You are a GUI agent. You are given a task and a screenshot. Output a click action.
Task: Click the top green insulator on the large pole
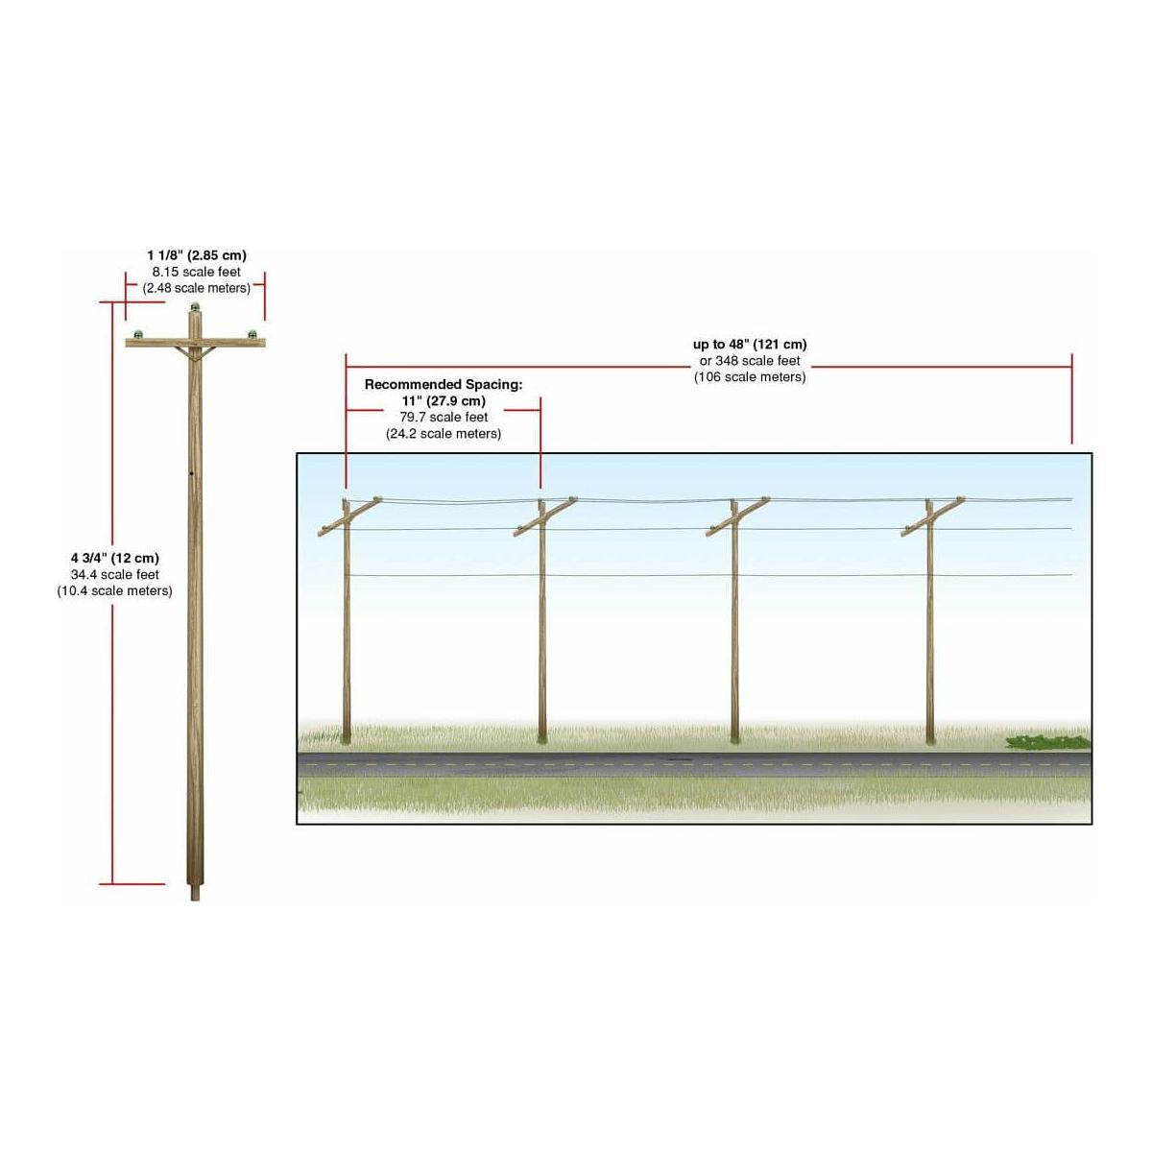coord(194,307)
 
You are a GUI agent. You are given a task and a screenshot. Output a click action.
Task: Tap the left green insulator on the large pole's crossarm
coord(138,333)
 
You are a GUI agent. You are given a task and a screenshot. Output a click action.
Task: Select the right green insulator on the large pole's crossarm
coord(252,333)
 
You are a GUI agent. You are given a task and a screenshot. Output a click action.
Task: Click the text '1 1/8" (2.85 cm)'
coord(197,255)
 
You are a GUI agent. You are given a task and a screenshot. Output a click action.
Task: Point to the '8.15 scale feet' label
coord(196,272)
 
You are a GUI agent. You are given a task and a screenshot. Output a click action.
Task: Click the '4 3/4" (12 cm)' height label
coord(115,558)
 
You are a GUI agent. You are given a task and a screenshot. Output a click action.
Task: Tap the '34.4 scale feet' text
coord(115,574)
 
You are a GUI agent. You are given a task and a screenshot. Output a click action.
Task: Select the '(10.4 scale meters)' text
coord(115,590)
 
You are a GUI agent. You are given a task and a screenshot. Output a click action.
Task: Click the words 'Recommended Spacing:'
coord(443,384)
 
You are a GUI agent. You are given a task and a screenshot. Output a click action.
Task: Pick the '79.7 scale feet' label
coord(444,418)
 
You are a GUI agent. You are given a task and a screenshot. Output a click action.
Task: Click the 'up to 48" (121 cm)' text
coord(750,345)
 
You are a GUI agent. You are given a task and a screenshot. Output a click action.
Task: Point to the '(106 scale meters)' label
coord(750,377)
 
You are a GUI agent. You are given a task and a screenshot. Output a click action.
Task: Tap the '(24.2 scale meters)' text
coord(444,433)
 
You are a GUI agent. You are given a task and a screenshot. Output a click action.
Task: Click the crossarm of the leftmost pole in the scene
coord(349,516)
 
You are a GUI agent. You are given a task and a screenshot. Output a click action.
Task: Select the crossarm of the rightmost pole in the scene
coord(933,516)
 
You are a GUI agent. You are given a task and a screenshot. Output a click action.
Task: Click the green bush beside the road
coord(1048,742)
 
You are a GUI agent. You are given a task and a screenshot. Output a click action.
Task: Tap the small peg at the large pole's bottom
coord(195,893)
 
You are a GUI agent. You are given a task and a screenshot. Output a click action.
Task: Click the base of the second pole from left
coord(541,739)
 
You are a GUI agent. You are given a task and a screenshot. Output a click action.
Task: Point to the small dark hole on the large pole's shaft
coord(191,474)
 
